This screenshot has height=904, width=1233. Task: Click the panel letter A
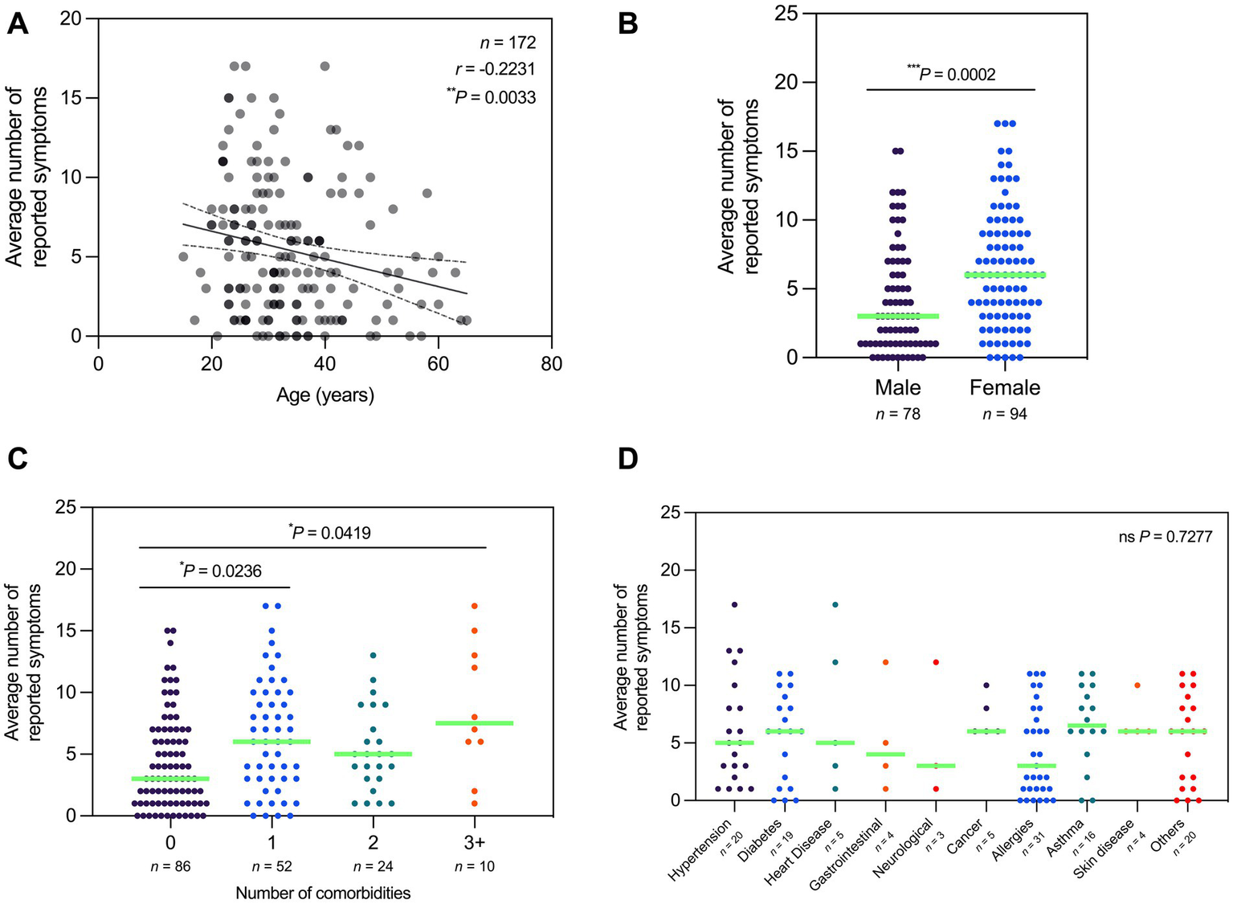pyautogui.click(x=17, y=23)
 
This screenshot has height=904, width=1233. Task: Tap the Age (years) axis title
pyautogui.click(x=325, y=395)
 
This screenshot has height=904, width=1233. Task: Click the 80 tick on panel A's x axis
pyautogui.click(x=551, y=364)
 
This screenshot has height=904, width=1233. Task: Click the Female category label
pyautogui.click(x=1005, y=388)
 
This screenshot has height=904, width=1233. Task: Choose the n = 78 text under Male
pyautogui.click(x=897, y=415)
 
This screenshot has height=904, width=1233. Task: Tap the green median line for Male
pyautogui.click(x=897, y=316)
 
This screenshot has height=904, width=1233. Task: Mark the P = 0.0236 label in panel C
pyautogui.click(x=220, y=571)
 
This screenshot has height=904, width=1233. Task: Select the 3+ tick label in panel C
pyautogui.click(x=474, y=843)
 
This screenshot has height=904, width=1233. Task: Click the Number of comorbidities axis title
pyautogui.click(x=323, y=893)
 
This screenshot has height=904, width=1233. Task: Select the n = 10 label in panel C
pyautogui.click(x=474, y=866)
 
